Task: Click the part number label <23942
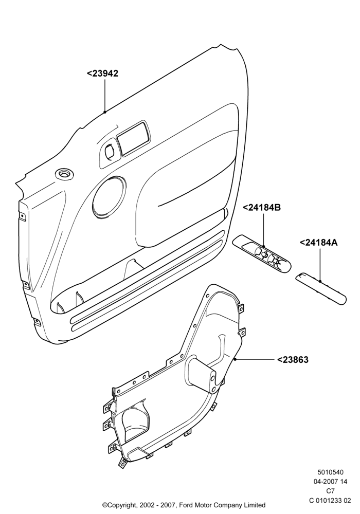pyautogui.click(x=102, y=73)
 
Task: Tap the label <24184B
pyautogui.click(x=261, y=208)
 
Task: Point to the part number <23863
pyautogui.click(x=293, y=360)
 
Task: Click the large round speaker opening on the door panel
pyautogui.click(x=109, y=197)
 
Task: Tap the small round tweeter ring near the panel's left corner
pyautogui.click(x=65, y=174)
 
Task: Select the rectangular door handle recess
pyautogui.click(x=133, y=138)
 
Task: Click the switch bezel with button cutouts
pyautogui.click(x=262, y=253)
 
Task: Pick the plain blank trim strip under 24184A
pyautogui.click(x=320, y=288)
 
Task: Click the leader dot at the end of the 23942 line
pyautogui.click(x=105, y=112)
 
